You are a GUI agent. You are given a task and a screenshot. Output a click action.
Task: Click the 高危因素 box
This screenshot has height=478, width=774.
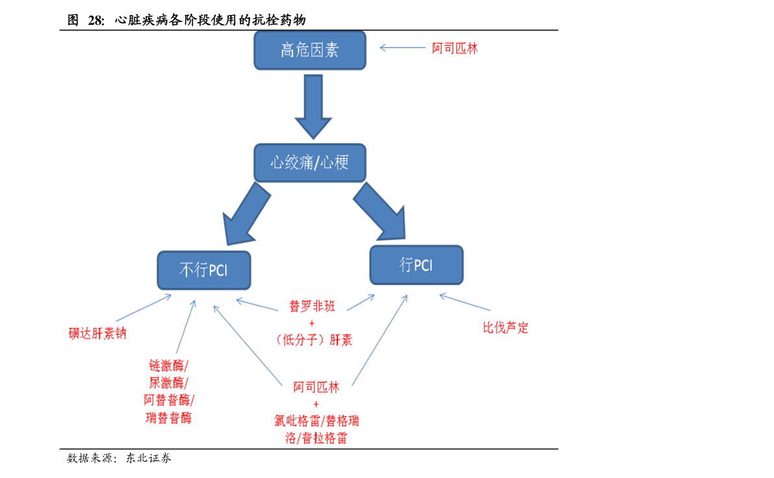click(309, 50)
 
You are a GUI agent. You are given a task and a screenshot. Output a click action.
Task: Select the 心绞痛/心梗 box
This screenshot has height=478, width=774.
click(309, 162)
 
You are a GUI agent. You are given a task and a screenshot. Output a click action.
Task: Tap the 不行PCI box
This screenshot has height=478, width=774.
click(204, 270)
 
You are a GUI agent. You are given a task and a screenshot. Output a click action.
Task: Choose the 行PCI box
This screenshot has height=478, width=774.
click(416, 265)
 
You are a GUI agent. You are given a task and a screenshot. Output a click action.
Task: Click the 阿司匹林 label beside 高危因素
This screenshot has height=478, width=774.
click(455, 48)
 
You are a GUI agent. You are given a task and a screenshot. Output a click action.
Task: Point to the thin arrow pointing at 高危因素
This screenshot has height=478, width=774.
click(403, 47)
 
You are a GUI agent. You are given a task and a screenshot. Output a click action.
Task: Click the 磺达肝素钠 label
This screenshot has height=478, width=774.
click(97, 334)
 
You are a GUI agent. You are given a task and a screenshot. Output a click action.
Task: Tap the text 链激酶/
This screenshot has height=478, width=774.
click(168, 365)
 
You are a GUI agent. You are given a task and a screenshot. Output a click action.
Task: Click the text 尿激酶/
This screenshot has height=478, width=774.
click(168, 382)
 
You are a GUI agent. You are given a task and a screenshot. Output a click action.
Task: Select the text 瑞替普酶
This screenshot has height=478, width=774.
click(168, 418)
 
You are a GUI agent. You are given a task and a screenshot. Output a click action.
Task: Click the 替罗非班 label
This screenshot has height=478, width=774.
click(312, 306)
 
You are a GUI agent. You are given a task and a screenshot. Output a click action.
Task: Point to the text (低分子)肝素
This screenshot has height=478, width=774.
click(313, 339)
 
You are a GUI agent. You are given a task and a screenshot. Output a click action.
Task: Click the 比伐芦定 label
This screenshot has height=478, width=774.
click(506, 328)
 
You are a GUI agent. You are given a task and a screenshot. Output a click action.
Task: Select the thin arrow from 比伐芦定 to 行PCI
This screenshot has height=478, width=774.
click(465, 302)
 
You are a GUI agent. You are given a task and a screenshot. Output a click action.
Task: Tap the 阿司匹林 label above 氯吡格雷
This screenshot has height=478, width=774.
click(316, 388)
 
